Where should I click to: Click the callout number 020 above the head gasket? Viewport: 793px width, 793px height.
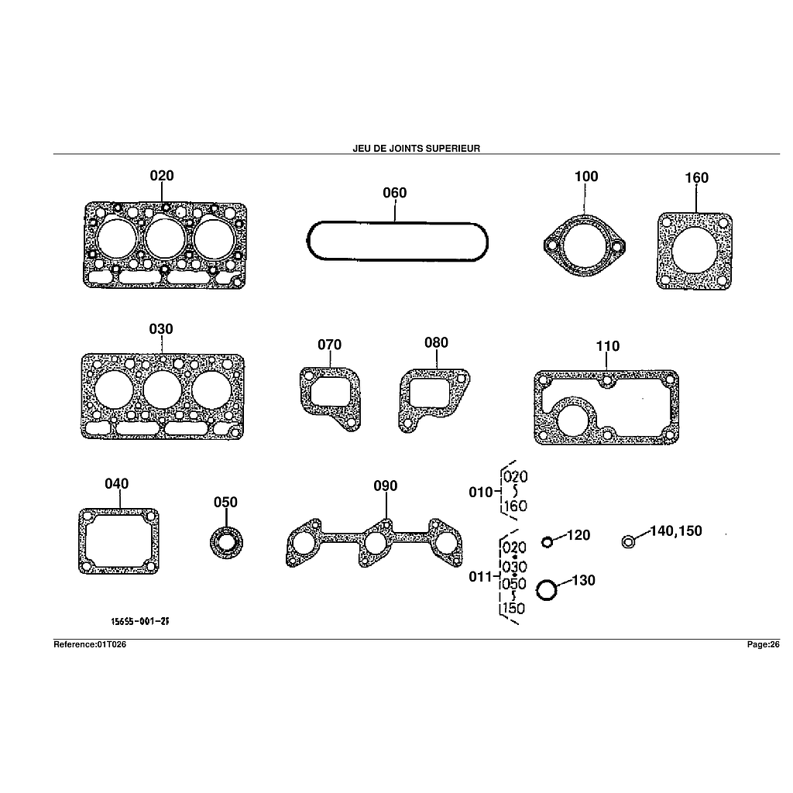tap(162, 176)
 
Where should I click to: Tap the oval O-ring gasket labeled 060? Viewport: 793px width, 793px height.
tap(397, 223)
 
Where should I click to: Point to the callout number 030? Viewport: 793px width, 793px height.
tap(161, 328)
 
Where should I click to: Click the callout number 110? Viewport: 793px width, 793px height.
tap(607, 346)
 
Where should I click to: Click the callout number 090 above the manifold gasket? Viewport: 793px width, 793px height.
tap(386, 486)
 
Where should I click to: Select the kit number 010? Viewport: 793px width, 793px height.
tap(480, 492)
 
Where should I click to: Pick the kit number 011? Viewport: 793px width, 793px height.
tap(480, 576)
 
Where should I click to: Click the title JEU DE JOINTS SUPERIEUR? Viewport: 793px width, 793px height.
tap(416, 148)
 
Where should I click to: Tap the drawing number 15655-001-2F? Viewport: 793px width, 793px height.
tap(140, 621)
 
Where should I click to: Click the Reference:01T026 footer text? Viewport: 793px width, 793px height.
tap(90, 644)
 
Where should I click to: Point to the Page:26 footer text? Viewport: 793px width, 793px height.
tap(763, 644)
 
